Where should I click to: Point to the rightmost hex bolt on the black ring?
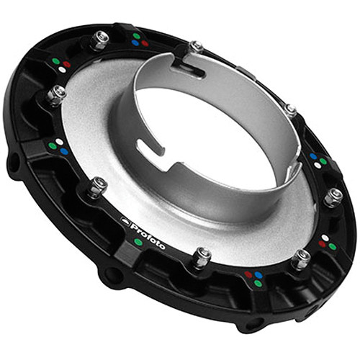(x=334, y=196)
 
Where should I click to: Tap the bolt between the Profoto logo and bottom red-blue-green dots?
(x=202, y=256)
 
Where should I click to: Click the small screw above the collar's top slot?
(x=196, y=48)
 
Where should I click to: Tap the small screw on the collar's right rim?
(x=290, y=110)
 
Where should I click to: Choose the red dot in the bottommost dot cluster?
(x=249, y=274)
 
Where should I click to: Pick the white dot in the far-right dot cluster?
(x=318, y=165)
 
